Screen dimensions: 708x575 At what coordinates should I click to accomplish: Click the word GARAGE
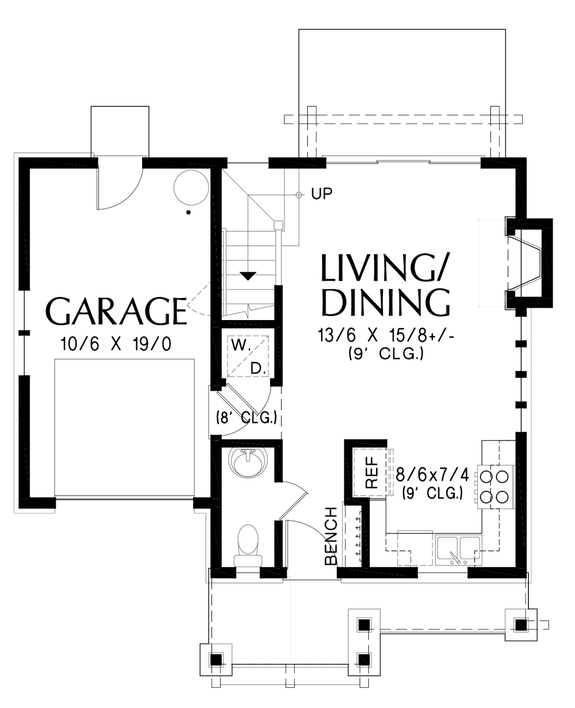point(116,311)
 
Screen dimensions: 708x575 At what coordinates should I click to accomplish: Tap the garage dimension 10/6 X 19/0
point(116,344)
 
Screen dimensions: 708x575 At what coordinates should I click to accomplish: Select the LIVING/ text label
point(385,268)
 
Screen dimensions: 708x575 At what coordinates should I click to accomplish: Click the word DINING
point(385,302)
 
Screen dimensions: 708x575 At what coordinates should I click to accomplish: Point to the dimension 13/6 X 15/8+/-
point(385,336)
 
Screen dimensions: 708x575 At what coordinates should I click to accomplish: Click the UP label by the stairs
point(321,193)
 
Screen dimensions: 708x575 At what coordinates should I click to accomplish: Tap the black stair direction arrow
point(248,274)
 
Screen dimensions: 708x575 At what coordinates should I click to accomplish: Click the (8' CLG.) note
point(244,417)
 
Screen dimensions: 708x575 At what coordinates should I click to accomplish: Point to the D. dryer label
point(257,368)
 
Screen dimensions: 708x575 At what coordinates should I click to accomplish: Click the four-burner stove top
point(493,486)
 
